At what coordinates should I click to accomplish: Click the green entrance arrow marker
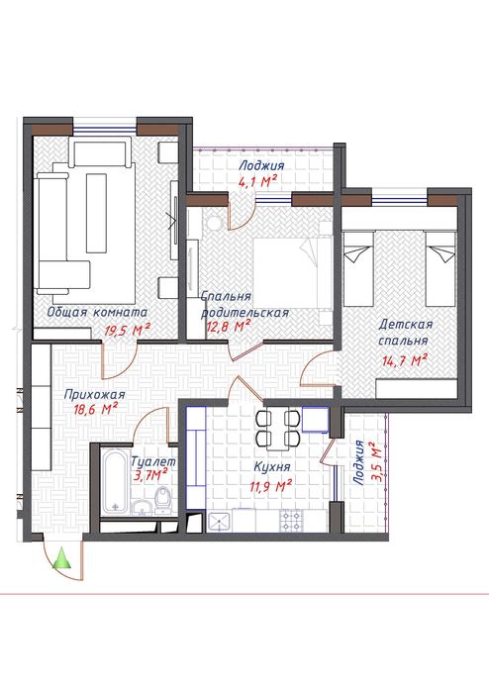tap(61, 557)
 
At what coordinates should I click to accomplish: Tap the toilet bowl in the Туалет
tap(163, 500)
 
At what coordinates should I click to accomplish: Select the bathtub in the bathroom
tap(115, 481)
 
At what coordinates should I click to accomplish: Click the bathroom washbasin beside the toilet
tap(143, 508)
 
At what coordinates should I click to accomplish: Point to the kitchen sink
tap(219, 521)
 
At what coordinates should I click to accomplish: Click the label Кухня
tap(272, 466)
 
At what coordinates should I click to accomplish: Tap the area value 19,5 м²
tap(128, 330)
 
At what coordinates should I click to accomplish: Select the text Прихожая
tap(94, 394)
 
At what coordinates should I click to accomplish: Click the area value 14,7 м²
tap(404, 360)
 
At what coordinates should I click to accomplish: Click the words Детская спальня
tap(405, 333)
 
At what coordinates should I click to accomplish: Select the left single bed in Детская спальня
tap(358, 268)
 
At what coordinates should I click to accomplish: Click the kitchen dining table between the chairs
tap(277, 428)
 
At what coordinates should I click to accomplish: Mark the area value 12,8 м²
tap(229, 327)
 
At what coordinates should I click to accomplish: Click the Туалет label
tap(153, 461)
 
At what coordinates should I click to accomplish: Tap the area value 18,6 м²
tap(95, 409)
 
